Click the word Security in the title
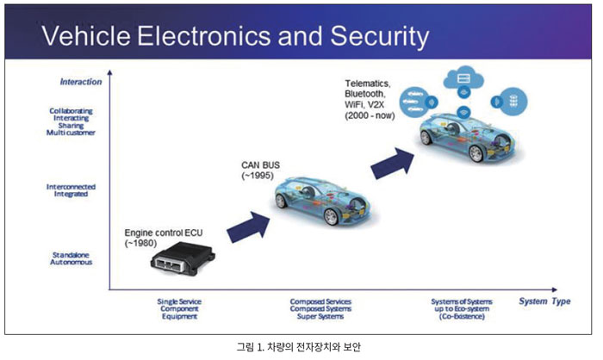point(379,36)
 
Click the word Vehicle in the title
point(86,36)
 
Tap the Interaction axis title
point(81,82)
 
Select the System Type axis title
point(544,301)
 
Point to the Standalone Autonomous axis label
point(71,258)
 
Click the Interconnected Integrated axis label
point(71,190)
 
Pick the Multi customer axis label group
point(71,121)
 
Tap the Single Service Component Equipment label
point(179,309)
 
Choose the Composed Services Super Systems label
point(320,309)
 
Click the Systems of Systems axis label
point(462,309)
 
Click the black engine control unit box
point(183,258)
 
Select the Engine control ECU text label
point(164,238)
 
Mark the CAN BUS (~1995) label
point(260,170)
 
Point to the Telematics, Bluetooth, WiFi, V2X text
point(370,99)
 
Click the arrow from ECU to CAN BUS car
point(248,227)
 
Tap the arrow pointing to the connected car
point(392,163)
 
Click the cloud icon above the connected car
point(463,78)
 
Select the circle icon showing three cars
point(413,102)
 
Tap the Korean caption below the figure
point(298,347)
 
